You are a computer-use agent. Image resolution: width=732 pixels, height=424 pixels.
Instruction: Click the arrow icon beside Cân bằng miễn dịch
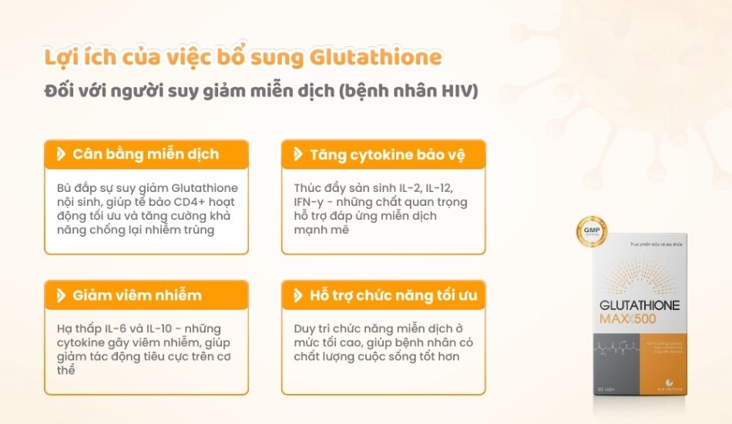pos(60,154)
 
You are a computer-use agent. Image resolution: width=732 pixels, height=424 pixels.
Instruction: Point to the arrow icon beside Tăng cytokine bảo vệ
pos(297,154)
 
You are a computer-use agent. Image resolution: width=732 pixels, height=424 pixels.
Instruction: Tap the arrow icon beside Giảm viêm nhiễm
pos(60,295)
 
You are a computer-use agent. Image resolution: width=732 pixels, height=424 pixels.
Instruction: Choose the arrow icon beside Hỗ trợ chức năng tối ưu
pos(297,295)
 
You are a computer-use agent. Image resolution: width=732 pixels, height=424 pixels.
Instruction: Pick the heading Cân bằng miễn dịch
pos(146,154)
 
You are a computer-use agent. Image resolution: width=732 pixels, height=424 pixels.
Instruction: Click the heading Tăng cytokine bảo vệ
pos(387,154)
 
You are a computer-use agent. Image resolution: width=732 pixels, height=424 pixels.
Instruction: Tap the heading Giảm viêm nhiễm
pos(137,295)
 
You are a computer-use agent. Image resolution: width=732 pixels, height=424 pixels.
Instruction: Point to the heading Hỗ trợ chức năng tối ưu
pos(393,295)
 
